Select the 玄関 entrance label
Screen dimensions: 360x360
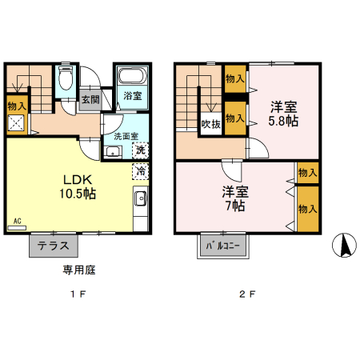pyautogui.click(x=90, y=100)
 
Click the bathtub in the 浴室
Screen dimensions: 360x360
pyautogui.click(x=130, y=78)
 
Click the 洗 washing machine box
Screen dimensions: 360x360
pyautogui.click(x=139, y=150)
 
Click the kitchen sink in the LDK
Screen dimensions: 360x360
pyautogui.click(x=140, y=200)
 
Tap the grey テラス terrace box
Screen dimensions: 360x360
pyautogui.click(x=54, y=245)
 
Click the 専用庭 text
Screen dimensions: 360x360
pyautogui.click(x=79, y=270)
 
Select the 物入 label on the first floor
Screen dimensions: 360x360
pyautogui.click(x=17, y=105)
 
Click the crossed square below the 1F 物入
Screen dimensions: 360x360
pyautogui.click(x=16, y=123)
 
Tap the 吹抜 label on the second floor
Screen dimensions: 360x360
pyautogui.click(x=210, y=124)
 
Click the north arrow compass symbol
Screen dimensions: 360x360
pyautogui.click(x=346, y=245)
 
